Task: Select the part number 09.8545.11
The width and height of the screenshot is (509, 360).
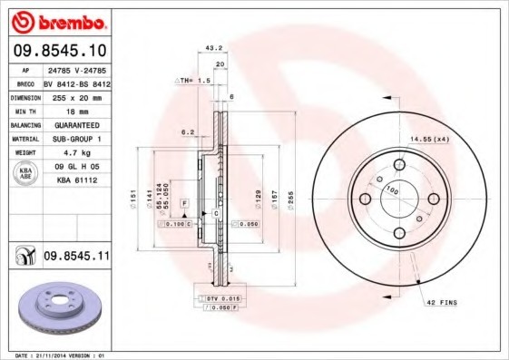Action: coord(76,258)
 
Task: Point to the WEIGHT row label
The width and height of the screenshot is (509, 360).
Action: coord(24,153)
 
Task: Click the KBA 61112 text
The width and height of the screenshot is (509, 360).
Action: coord(76,180)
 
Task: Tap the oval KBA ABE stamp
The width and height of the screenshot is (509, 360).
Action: coord(26,173)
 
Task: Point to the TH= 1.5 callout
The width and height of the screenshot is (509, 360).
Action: coord(192,81)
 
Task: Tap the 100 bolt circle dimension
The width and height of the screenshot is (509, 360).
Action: coord(393,190)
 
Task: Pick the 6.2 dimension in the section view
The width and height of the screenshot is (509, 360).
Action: coord(187,131)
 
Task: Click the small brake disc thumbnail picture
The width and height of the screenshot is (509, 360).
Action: coord(58,311)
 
